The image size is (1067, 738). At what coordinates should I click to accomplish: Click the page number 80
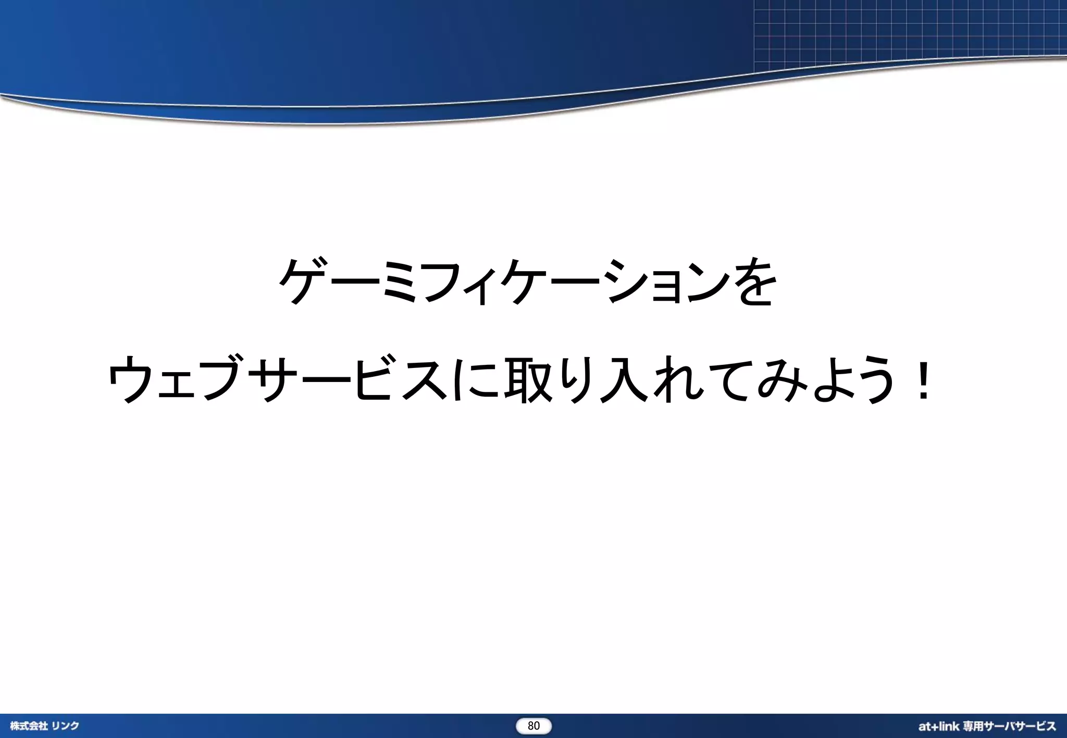[533, 726]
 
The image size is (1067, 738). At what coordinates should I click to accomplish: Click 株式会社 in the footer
[29, 726]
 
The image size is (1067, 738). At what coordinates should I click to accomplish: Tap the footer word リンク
[65, 726]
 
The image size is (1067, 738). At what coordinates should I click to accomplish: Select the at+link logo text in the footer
[938, 726]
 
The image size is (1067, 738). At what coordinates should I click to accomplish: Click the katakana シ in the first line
[624, 282]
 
